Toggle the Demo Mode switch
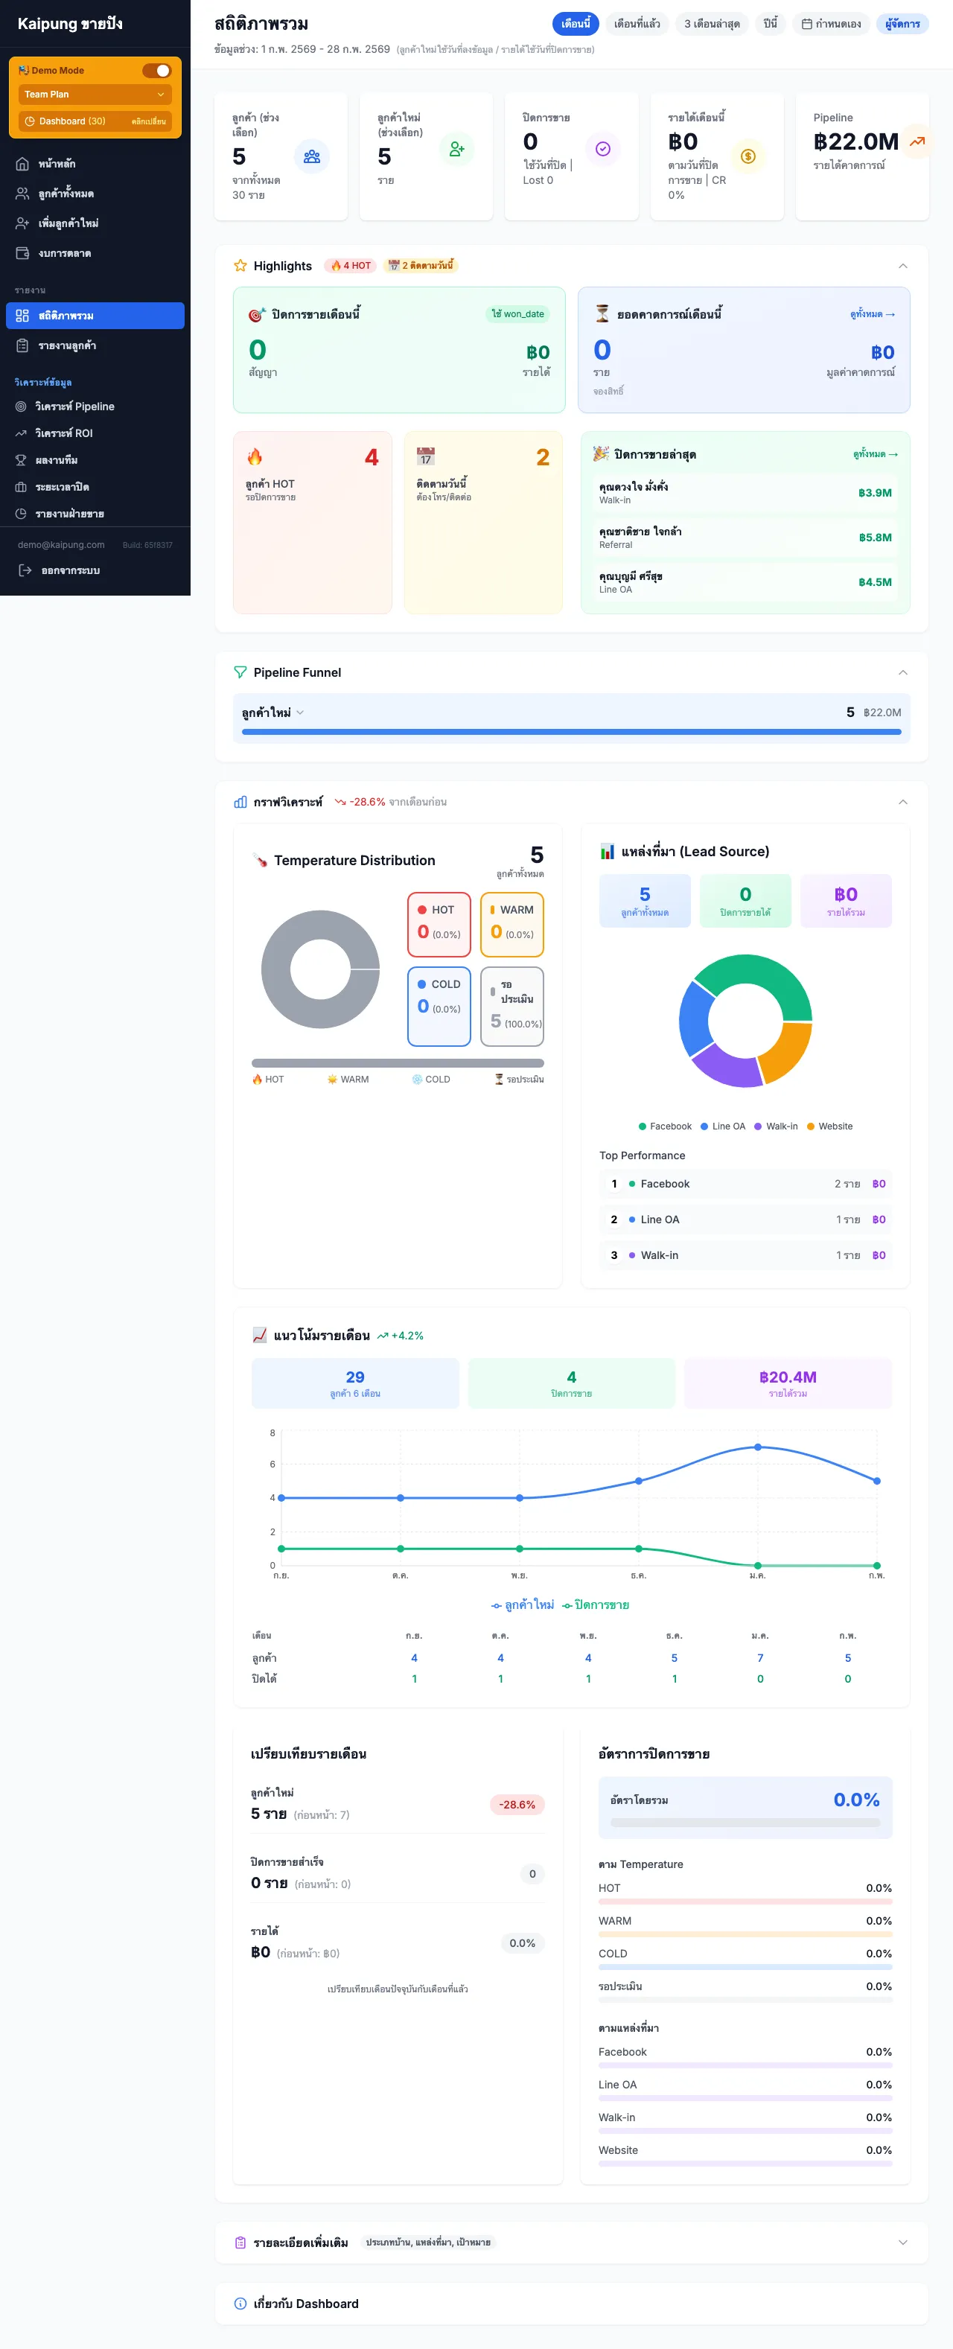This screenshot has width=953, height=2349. (157, 70)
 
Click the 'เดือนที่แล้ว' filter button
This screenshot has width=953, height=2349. (637, 24)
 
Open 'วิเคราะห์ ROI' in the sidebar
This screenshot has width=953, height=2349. (64, 433)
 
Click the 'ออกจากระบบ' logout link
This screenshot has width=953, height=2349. (69, 570)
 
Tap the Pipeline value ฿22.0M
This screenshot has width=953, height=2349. (855, 142)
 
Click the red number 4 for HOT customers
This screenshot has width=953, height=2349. (372, 457)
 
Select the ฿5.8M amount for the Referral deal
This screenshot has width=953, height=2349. (875, 537)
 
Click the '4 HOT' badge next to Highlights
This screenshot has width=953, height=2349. (351, 265)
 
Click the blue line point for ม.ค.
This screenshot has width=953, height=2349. (757, 1447)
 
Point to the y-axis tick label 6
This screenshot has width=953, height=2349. (272, 1464)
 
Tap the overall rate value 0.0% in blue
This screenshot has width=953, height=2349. (855, 1799)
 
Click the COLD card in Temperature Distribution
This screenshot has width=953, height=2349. (439, 1005)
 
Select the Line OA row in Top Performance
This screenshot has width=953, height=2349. (745, 1220)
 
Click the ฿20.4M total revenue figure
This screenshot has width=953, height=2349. (787, 1377)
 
